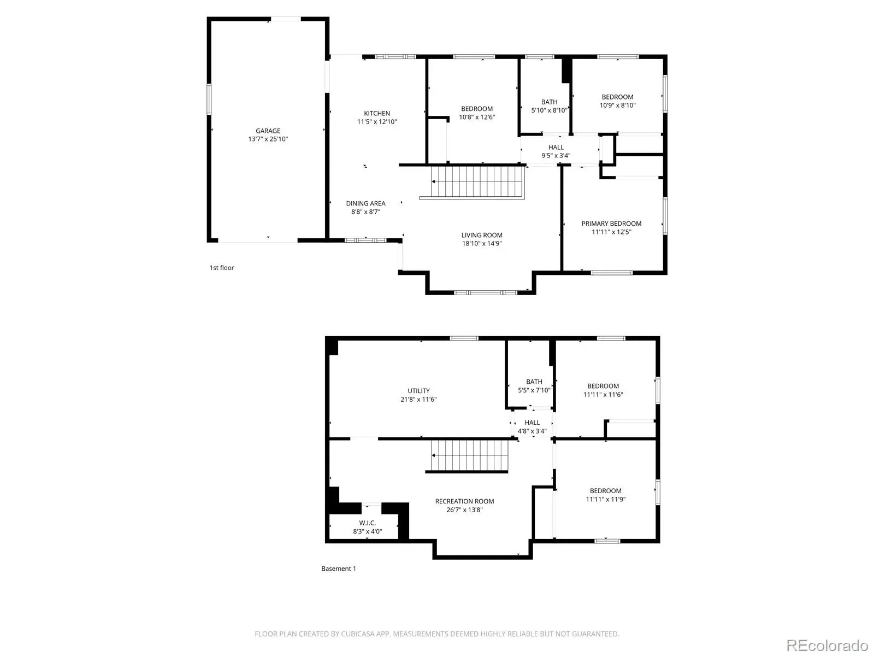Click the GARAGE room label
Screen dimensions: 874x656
(268, 131)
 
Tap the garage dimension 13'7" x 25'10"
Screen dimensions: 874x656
(268, 139)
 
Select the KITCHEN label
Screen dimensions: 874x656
(377, 114)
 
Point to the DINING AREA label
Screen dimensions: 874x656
(365, 203)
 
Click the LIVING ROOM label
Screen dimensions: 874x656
(482, 236)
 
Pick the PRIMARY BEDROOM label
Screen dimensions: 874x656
(611, 224)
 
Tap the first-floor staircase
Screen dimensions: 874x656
(477, 181)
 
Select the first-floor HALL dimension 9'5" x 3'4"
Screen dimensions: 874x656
(556, 156)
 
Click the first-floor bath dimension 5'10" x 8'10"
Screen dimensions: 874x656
(549, 110)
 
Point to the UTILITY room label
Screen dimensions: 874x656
(418, 391)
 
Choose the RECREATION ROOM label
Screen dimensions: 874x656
(464, 501)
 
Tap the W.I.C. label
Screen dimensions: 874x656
(367, 523)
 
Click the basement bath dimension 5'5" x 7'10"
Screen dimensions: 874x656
(534, 390)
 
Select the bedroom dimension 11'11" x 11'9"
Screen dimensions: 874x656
(605, 500)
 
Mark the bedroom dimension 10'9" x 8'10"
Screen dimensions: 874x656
(618, 106)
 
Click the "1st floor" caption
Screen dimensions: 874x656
(222, 268)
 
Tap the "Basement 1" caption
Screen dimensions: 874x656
(339, 569)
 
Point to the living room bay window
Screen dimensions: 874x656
(486, 293)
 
